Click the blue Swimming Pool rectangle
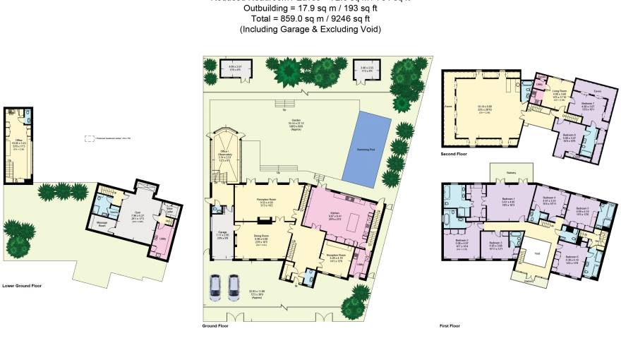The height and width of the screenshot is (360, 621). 366,147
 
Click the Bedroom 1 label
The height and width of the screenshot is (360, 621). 507,199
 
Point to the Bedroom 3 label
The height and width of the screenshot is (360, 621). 495,244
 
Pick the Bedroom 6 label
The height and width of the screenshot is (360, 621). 572,256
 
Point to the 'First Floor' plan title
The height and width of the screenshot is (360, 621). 450,326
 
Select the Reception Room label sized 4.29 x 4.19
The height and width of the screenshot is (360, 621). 334,258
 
